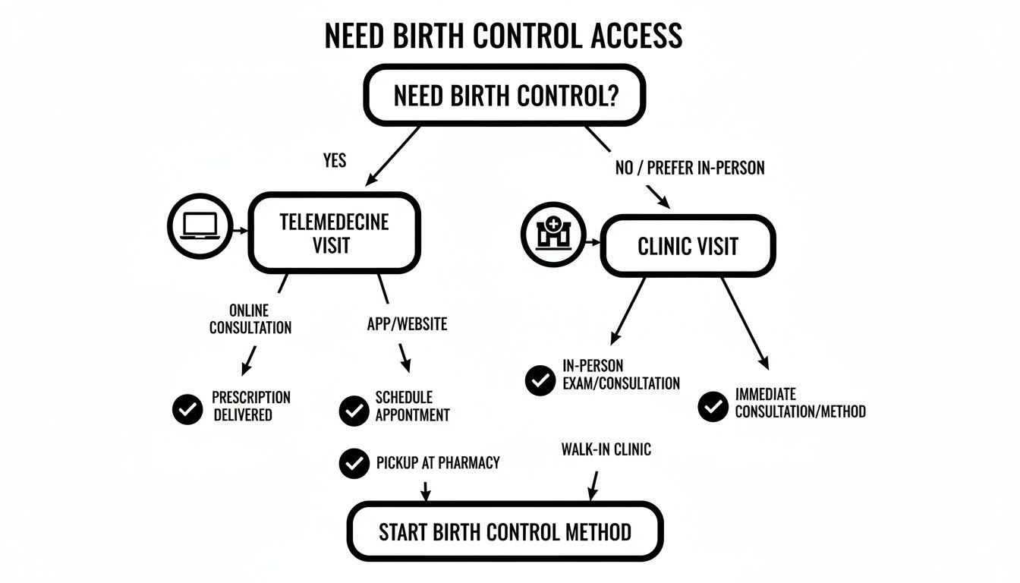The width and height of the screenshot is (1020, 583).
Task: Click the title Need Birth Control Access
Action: [x=502, y=36]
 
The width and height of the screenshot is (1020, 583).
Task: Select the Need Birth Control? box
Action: [x=504, y=96]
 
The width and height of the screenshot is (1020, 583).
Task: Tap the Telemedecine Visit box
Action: [x=334, y=233]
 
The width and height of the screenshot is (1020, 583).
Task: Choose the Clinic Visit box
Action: [x=688, y=246]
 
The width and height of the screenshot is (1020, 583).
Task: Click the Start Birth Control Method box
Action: [x=505, y=531]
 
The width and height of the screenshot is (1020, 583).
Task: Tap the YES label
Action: [x=335, y=160]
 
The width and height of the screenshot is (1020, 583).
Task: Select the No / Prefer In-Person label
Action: [x=689, y=168]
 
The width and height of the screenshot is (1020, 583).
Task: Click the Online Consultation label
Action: [x=250, y=319]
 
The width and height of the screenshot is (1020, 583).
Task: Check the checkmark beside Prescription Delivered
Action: [x=187, y=409]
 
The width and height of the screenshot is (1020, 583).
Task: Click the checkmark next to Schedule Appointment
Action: [x=354, y=411]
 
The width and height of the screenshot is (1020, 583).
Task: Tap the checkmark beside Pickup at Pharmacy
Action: [x=354, y=463]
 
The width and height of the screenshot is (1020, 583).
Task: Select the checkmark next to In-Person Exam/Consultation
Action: [x=540, y=380]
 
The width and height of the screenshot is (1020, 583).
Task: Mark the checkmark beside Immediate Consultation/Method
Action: [x=713, y=406]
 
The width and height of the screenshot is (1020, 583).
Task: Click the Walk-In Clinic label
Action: [x=606, y=449]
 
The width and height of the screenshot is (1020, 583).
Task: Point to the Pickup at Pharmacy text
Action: [x=438, y=462]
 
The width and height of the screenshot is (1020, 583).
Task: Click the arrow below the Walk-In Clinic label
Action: [x=592, y=486]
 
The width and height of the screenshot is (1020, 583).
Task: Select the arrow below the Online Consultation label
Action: [x=249, y=360]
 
